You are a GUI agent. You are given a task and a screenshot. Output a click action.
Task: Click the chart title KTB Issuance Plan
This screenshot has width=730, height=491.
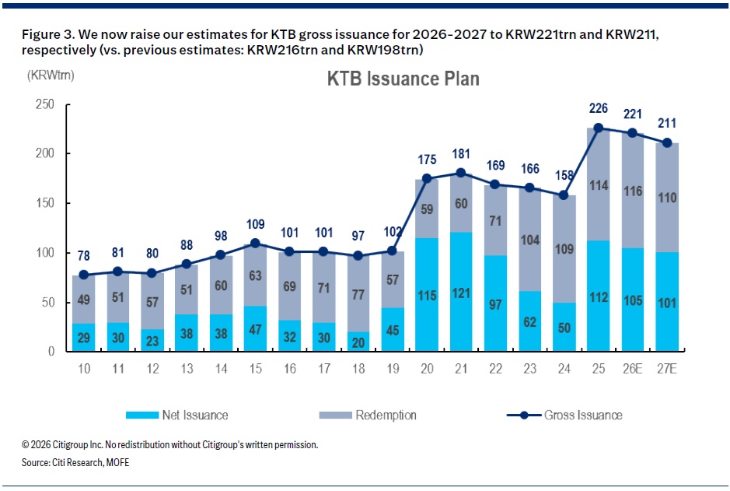tap(403, 79)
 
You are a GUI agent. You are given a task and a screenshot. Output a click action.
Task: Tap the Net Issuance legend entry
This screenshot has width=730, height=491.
tap(177, 415)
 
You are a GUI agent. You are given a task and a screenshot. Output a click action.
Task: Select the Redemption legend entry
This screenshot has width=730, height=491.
tap(368, 415)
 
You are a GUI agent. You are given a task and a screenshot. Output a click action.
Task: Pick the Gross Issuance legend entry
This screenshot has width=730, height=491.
tap(564, 415)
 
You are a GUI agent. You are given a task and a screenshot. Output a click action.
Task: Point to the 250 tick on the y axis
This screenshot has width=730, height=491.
tap(44, 104)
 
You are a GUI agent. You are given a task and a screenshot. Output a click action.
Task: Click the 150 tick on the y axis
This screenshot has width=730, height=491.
tap(44, 203)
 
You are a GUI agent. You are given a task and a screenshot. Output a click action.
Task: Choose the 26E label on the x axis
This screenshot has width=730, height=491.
tap(633, 369)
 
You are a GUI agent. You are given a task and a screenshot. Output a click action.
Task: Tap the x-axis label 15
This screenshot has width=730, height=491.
tap(255, 369)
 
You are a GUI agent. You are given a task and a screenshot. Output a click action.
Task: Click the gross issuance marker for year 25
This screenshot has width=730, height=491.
tap(599, 128)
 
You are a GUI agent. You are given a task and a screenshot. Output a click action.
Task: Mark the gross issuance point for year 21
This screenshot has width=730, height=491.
tap(461, 173)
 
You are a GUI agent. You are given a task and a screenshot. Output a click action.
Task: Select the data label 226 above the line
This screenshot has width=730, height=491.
tap(599, 108)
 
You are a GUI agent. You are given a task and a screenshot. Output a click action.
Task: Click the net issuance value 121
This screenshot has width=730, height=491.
tap(461, 293)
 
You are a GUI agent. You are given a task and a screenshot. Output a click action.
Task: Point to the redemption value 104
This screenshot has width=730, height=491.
tap(529, 240)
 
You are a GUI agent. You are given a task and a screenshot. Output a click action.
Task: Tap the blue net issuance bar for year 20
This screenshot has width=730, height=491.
tap(427, 294)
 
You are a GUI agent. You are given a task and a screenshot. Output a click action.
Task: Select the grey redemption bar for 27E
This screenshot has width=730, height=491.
tap(667, 198)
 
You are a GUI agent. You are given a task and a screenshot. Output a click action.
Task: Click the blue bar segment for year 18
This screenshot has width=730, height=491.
tap(358, 341)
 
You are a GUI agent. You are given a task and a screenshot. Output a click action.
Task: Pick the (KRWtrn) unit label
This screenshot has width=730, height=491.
tap(51, 75)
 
